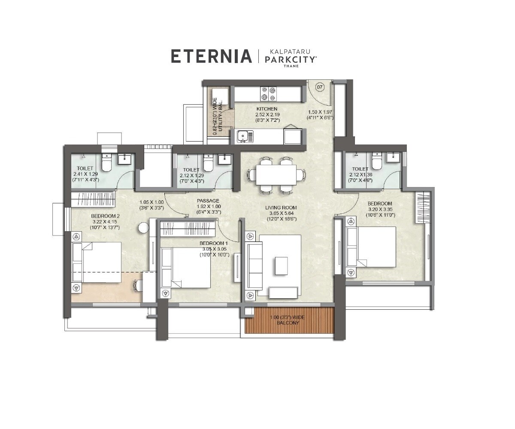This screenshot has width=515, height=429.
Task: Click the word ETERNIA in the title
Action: click(x=211, y=57)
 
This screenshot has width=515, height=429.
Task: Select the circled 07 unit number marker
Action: click(x=319, y=87)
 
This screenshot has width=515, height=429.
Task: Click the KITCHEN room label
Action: click(x=267, y=109)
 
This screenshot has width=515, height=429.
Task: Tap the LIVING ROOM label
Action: click(x=281, y=208)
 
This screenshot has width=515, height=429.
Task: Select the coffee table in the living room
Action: click(x=282, y=266)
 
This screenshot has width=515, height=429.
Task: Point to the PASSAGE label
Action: click(x=208, y=200)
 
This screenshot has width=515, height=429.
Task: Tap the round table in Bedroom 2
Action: click(x=142, y=228)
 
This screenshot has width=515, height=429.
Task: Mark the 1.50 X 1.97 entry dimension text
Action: click(x=320, y=112)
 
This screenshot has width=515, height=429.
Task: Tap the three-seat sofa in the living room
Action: click(x=254, y=266)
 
